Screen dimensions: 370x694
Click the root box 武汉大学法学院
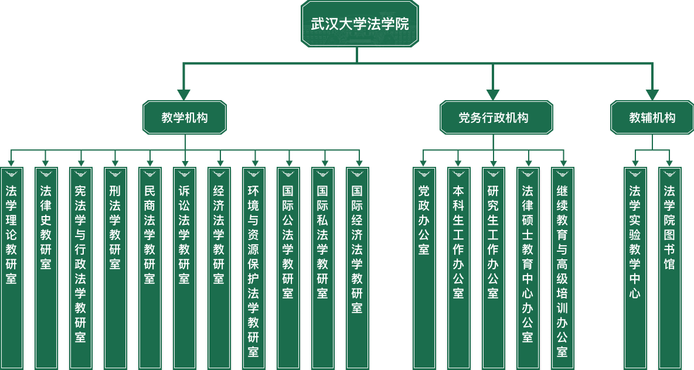[x=360, y=24]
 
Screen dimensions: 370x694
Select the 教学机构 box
[x=185, y=118]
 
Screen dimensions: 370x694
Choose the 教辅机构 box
[x=652, y=118]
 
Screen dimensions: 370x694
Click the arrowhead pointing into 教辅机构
[x=652, y=95]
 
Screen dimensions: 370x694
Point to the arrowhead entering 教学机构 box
[x=184, y=95]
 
